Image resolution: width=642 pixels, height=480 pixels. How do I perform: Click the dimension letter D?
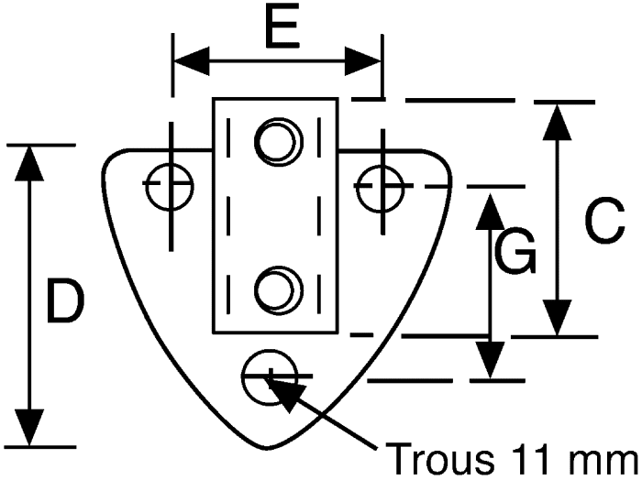click(x=65, y=300)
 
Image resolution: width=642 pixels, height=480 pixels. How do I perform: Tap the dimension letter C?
click(x=604, y=221)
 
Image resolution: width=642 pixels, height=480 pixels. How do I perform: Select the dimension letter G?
click(x=515, y=251)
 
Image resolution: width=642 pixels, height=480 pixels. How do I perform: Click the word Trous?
click(x=439, y=459)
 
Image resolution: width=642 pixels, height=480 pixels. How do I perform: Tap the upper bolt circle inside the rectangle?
click(x=279, y=142)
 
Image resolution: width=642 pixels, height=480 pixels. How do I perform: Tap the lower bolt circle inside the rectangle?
click(x=279, y=290)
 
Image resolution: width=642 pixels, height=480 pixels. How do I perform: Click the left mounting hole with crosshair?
click(x=170, y=187)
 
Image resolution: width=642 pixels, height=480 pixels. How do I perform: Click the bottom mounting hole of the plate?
click(x=270, y=377)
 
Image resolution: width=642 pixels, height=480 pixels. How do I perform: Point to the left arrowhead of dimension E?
click(x=192, y=61)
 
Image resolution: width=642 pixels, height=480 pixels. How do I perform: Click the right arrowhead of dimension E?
click(x=363, y=61)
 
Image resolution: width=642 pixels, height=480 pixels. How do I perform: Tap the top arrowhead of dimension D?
click(x=29, y=164)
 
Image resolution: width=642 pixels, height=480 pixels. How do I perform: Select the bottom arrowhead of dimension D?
click(x=29, y=428)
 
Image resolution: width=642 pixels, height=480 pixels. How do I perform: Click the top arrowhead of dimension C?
click(x=557, y=122)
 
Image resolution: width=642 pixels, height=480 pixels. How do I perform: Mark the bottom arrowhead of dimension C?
click(x=557, y=318)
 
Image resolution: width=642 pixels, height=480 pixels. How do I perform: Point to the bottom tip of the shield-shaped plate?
click(x=267, y=449)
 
